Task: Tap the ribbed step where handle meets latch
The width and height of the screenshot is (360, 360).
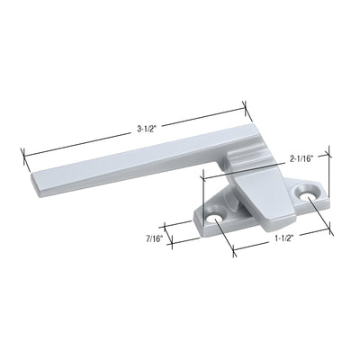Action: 236,160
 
